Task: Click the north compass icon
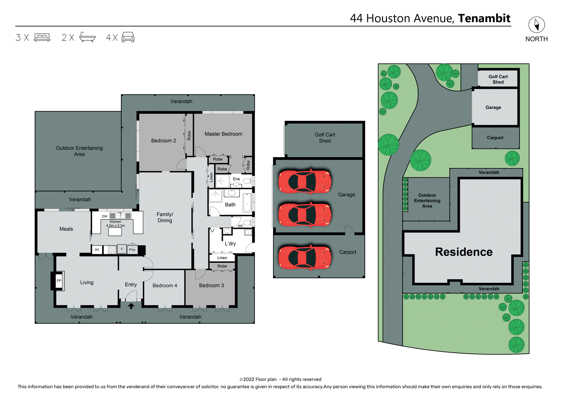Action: pyautogui.click(x=536, y=25)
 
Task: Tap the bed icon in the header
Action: pyautogui.click(x=42, y=37)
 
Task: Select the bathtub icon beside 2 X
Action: pyautogui.click(x=87, y=37)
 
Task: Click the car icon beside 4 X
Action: pyautogui.click(x=128, y=37)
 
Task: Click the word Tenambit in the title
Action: pyautogui.click(x=484, y=18)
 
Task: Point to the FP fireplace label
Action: pyautogui.click(x=59, y=281)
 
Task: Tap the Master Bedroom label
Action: pyautogui.click(x=223, y=134)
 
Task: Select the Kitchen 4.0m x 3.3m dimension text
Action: pyautogui.click(x=115, y=224)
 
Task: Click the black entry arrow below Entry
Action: pyautogui.click(x=131, y=306)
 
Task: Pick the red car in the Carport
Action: pyautogui.click(x=305, y=257)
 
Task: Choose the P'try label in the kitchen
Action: pyautogui.click(x=132, y=250)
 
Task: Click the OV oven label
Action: pyautogui.click(x=97, y=250)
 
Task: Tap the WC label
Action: pyautogui.click(x=240, y=226)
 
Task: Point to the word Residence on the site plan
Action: pyautogui.click(x=464, y=252)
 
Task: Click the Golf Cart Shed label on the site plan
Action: pyautogui.click(x=498, y=79)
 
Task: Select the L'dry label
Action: pyautogui.click(x=230, y=244)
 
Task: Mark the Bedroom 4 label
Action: pyautogui.click(x=165, y=286)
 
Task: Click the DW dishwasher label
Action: pyautogui.click(x=105, y=216)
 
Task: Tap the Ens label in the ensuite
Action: pyautogui.click(x=236, y=179)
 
